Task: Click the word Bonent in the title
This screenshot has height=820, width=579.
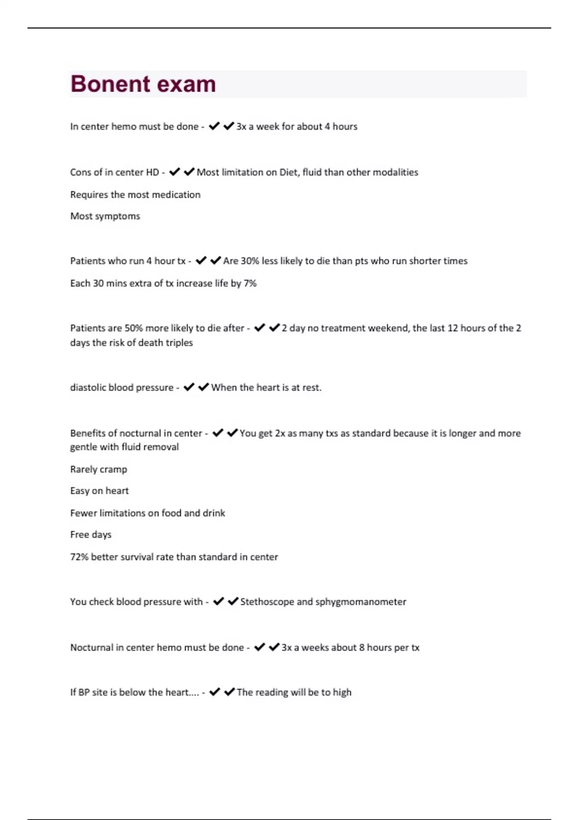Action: pos(110,84)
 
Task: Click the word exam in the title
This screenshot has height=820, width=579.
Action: pos(186,84)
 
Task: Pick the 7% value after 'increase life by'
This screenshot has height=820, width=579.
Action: pos(250,283)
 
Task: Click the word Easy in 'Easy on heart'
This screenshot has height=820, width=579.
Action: pos(80,491)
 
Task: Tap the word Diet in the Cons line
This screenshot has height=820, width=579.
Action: pos(289,172)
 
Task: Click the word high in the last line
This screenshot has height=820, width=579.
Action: pos(342,692)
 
